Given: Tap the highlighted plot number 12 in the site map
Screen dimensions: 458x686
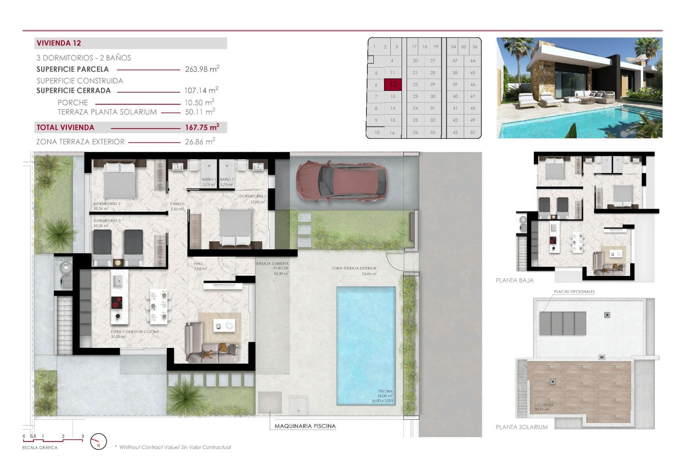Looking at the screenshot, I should click(393, 84).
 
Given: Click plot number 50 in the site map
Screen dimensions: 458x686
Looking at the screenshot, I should click(472, 132).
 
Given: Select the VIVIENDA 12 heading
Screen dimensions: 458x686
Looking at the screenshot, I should click(59, 43).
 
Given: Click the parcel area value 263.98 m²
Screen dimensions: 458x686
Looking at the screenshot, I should click(202, 69).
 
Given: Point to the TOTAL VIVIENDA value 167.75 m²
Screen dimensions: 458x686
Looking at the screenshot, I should click(202, 127).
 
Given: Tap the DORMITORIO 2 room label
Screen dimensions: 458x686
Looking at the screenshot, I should click(107, 204).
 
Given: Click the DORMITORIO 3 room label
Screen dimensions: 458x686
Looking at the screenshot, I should click(107, 221).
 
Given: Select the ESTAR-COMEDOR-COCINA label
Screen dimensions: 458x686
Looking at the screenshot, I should click(135, 332).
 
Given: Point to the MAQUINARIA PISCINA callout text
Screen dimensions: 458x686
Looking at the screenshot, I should click(305, 426).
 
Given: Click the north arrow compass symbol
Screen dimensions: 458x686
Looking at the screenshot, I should click(98, 442).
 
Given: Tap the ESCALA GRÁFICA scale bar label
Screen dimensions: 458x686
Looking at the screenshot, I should click(40, 448).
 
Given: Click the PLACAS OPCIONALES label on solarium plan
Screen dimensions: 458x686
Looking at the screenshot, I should click(574, 292).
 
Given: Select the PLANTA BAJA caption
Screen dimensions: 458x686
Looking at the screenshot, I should click(514, 281).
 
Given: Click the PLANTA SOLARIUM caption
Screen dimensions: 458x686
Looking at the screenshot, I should click(522, 427).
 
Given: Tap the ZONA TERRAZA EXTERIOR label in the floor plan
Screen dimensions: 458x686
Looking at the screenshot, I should click(354, 268).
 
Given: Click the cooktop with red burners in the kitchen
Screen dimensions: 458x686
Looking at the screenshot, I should click(116, 303).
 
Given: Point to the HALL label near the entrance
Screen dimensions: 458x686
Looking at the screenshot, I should click(198, 264).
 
